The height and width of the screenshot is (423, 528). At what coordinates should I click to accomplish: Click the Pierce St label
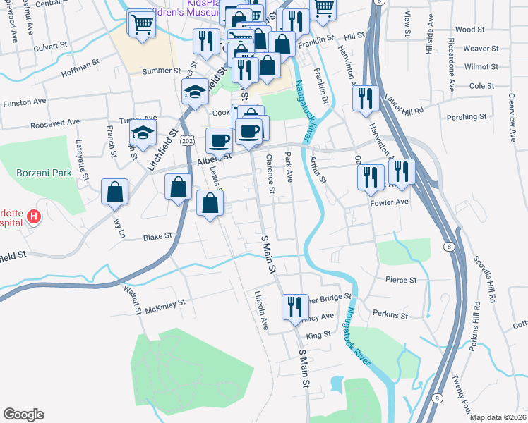(401, 280)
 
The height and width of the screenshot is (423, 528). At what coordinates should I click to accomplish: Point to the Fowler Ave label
(390, 202)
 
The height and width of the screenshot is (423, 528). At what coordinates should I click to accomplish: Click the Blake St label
(157, 238)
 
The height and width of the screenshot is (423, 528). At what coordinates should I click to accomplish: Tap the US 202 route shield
(187, 142)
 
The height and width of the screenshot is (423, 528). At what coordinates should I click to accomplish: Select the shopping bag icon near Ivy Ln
(115, 192)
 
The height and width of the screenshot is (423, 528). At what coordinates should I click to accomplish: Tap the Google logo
(23, 415)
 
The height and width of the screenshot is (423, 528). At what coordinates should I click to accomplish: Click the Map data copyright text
(498, 417)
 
